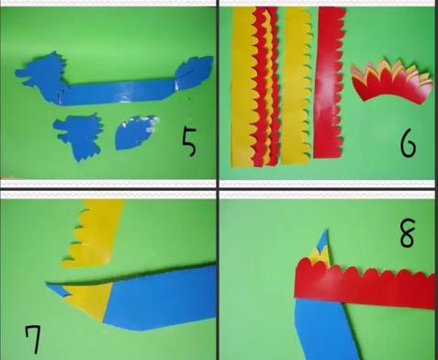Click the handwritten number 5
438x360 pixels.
pyautogui.click(x=189, y=142)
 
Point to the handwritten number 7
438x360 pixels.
pyautogui.click(x=33, y=340)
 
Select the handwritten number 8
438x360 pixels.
pyautogui.click(x=408, y=233)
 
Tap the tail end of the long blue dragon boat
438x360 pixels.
pyautogui.click(x=195, y=73)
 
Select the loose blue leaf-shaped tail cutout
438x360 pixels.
pyautogui.click(x=136, y=132)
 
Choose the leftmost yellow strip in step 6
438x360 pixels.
pyautogui.click(x=243, y=87)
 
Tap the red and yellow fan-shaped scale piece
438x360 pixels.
pyautogui.click(x=392, y=82)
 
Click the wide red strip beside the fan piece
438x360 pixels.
pyautogui.click(x=330, y=83)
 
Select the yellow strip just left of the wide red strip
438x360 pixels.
pyautogui.click(x=297, y=85)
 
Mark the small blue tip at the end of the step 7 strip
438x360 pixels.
pyautogui.click(x=58, y=289)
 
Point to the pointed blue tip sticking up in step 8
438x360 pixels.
pyautogui.click(x=324, y=242)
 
